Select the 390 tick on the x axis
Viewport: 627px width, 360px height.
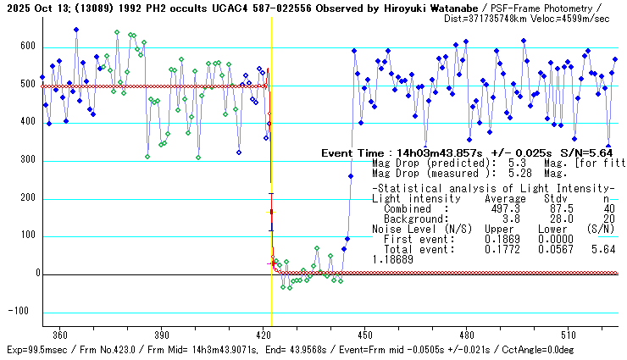tap(162, 335)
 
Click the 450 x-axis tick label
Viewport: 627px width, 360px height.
tap(365, 335)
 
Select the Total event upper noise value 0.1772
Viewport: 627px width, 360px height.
tap(498, 249)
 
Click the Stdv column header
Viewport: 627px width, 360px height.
tap(541, 198)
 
